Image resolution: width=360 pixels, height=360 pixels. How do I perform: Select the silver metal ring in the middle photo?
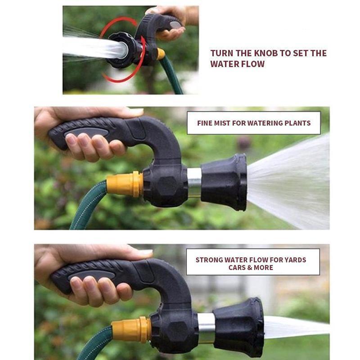193,182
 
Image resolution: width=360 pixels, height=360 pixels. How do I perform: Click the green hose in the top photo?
173,76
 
